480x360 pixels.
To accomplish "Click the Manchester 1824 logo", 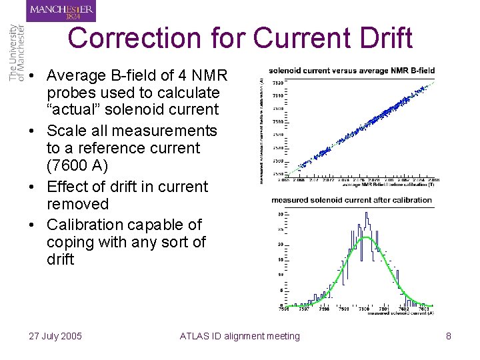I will [x=61, y=11].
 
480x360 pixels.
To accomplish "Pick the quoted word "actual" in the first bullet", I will [x=75, y=109].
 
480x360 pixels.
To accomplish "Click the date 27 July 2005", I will [x=55, y=336].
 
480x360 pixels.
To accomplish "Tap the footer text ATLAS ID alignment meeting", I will [x=240, y=336].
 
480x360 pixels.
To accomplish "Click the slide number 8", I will [x=449, y=336].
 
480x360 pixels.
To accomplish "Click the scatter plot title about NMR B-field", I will [x=351, y=70].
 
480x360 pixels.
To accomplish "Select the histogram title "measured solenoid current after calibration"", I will [x=351, y=200].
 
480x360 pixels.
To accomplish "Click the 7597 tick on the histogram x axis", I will [x=304, y=309].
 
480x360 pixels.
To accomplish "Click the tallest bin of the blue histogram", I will [x=366, y=215].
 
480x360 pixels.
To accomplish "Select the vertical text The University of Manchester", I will [x=17, y=53].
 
